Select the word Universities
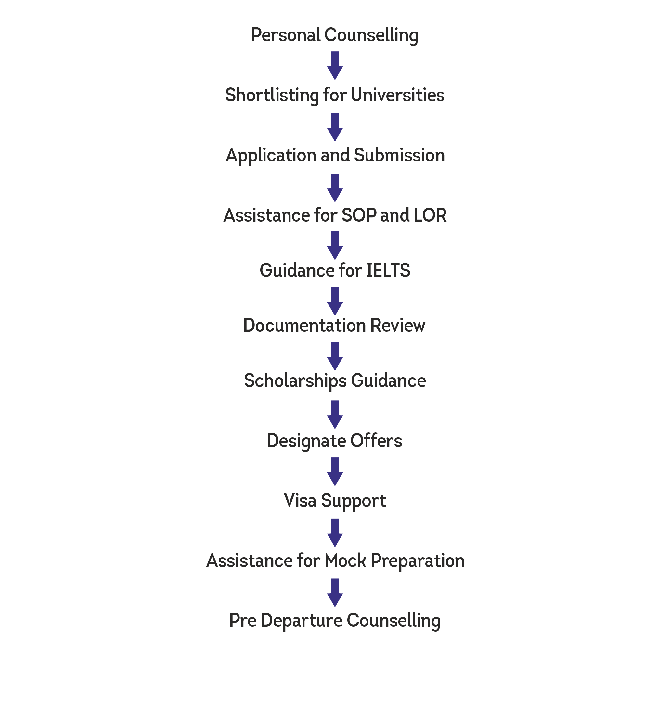point(397,95)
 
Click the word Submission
point(399,155)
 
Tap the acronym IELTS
point(388,270)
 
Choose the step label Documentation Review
point(334,325)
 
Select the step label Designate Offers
point(334,441)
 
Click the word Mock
point(345,560)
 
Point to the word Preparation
point(418,561)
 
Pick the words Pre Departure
point(286,621)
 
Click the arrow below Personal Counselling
point(335,66)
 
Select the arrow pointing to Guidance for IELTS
point(335,245)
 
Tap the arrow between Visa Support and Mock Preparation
point(335,533)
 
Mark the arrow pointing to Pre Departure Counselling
point(335,592)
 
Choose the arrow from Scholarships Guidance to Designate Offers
point(335,414)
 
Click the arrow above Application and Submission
point(335,127)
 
